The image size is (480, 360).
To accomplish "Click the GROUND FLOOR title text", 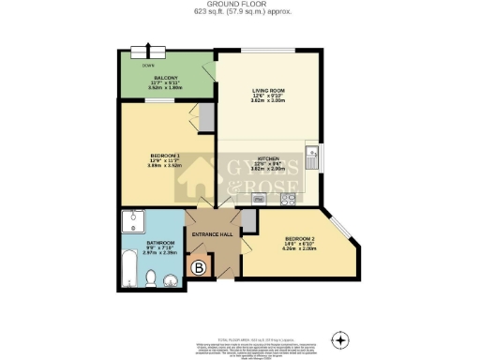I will point(240,5).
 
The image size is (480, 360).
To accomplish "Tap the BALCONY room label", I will point(154,78).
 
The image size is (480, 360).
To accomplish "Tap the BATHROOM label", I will point(154,247).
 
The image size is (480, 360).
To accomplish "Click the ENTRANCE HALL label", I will point(212,233).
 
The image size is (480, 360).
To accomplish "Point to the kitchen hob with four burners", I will point(290,199).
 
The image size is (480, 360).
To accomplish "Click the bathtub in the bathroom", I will point(129,270).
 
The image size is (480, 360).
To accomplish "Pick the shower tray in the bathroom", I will point(132,221).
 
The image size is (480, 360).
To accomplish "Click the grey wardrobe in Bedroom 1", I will point(206,117).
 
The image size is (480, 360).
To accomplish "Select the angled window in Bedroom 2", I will point(345,228).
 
